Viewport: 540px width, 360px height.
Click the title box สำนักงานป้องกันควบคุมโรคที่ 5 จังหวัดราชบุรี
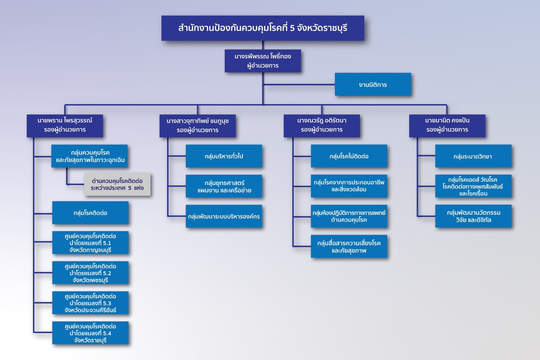tap(263, 28)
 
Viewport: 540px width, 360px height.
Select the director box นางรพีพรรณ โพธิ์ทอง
tap(263, 61)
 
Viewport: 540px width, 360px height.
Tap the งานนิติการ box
tap(373, 84)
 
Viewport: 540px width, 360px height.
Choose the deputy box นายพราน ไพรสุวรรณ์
tap(65, 126)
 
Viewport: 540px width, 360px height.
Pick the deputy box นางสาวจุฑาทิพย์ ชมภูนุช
tap(197, 126)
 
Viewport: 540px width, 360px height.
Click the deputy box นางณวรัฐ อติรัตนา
tap(322, 126)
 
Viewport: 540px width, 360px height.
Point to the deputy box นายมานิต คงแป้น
tap(447, 126)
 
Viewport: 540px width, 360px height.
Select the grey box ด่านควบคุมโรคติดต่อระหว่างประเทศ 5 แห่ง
tap(117, 184)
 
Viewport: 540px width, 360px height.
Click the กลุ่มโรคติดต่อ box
tap(90, 213)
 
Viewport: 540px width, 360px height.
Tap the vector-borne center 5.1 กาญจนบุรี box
tap(90, 243)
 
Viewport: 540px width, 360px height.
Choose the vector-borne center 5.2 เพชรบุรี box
tap(90, 273)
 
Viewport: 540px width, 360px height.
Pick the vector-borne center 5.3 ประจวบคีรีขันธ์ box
tap(90, 303)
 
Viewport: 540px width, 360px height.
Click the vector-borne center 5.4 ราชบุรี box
tap(90, 333)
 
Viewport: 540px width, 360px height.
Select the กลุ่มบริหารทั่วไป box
tap(224, 156)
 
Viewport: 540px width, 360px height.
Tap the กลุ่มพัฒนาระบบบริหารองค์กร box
tap(224, 216)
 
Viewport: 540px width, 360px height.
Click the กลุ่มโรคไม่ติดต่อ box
tap(349, 156)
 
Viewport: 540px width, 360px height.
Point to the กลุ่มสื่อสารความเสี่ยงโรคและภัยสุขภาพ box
tap(349, 246)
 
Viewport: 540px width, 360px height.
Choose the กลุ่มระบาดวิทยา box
tap(473, 156)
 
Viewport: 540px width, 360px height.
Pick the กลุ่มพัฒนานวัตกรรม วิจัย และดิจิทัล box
tap(473, 216)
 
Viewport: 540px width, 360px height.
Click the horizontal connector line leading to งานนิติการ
tap(299, 85)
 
